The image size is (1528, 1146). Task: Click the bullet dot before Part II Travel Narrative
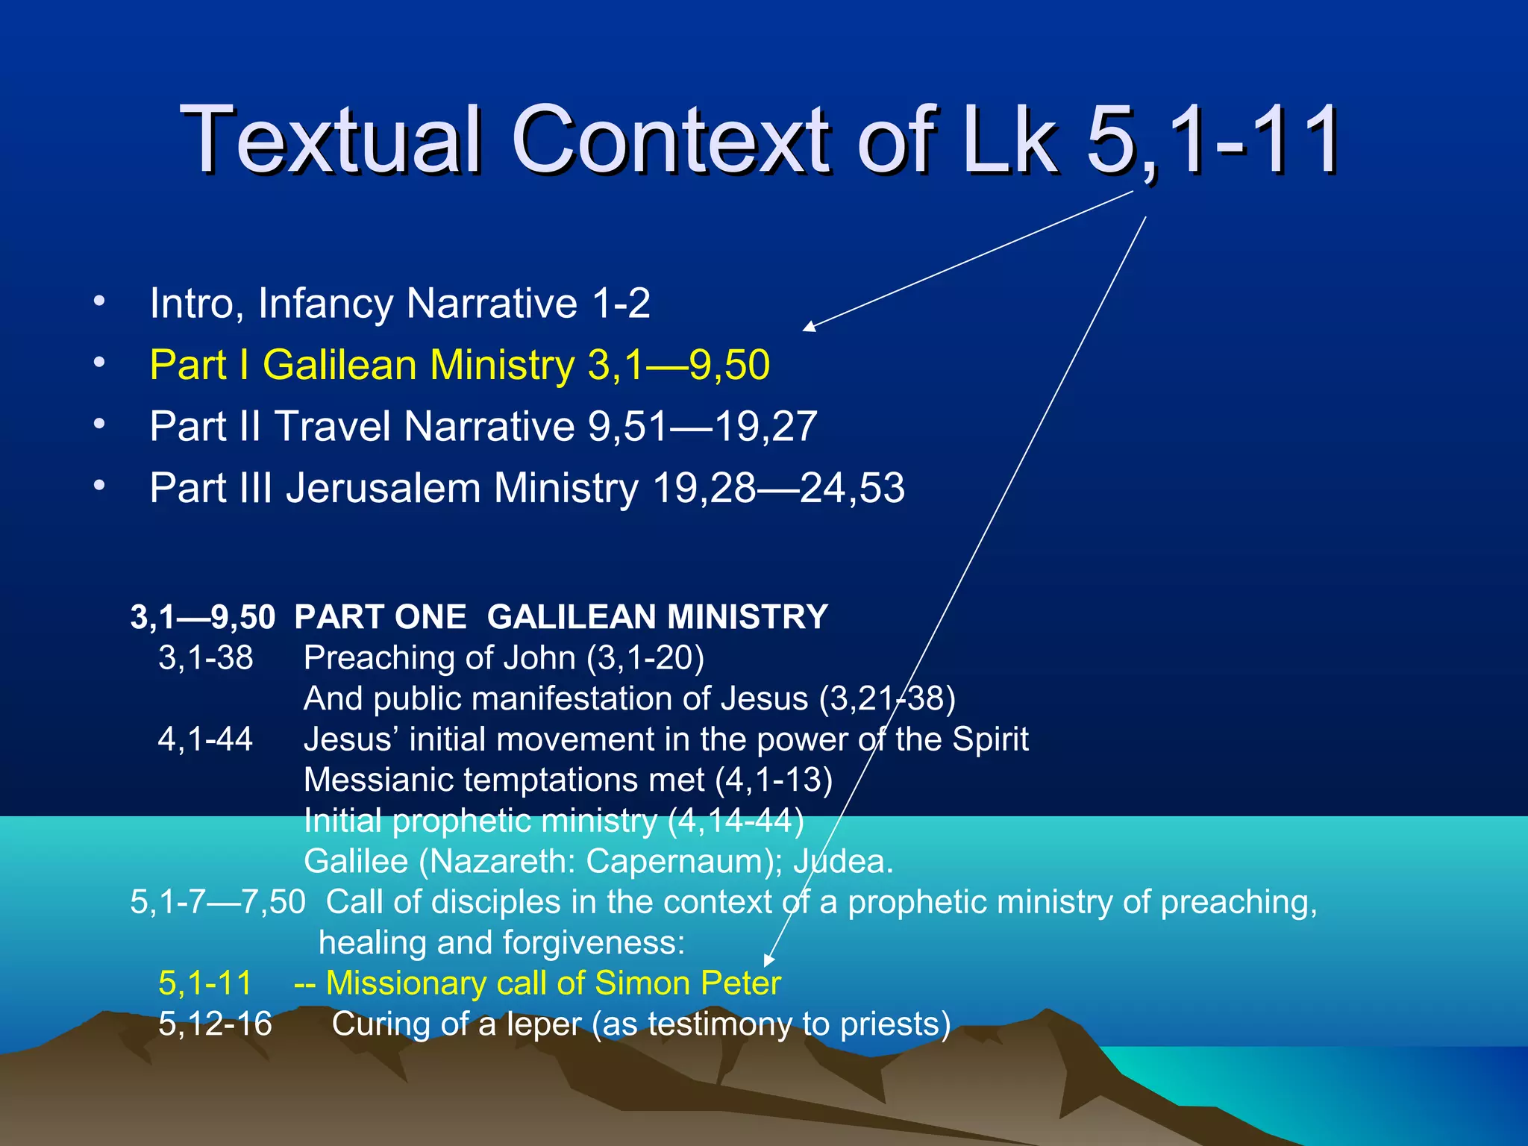click(99, 424)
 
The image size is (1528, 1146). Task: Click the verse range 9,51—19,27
click(702, 427)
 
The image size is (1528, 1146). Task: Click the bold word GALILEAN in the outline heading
click(572, 618)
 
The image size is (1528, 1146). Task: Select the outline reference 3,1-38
click(205, 658)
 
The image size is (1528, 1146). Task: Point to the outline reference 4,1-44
click(205, 739)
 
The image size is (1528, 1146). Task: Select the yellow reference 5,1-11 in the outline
click(205, 983)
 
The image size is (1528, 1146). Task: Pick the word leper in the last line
click(543, 1024)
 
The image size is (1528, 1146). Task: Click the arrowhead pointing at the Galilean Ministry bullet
click(809, 327)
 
